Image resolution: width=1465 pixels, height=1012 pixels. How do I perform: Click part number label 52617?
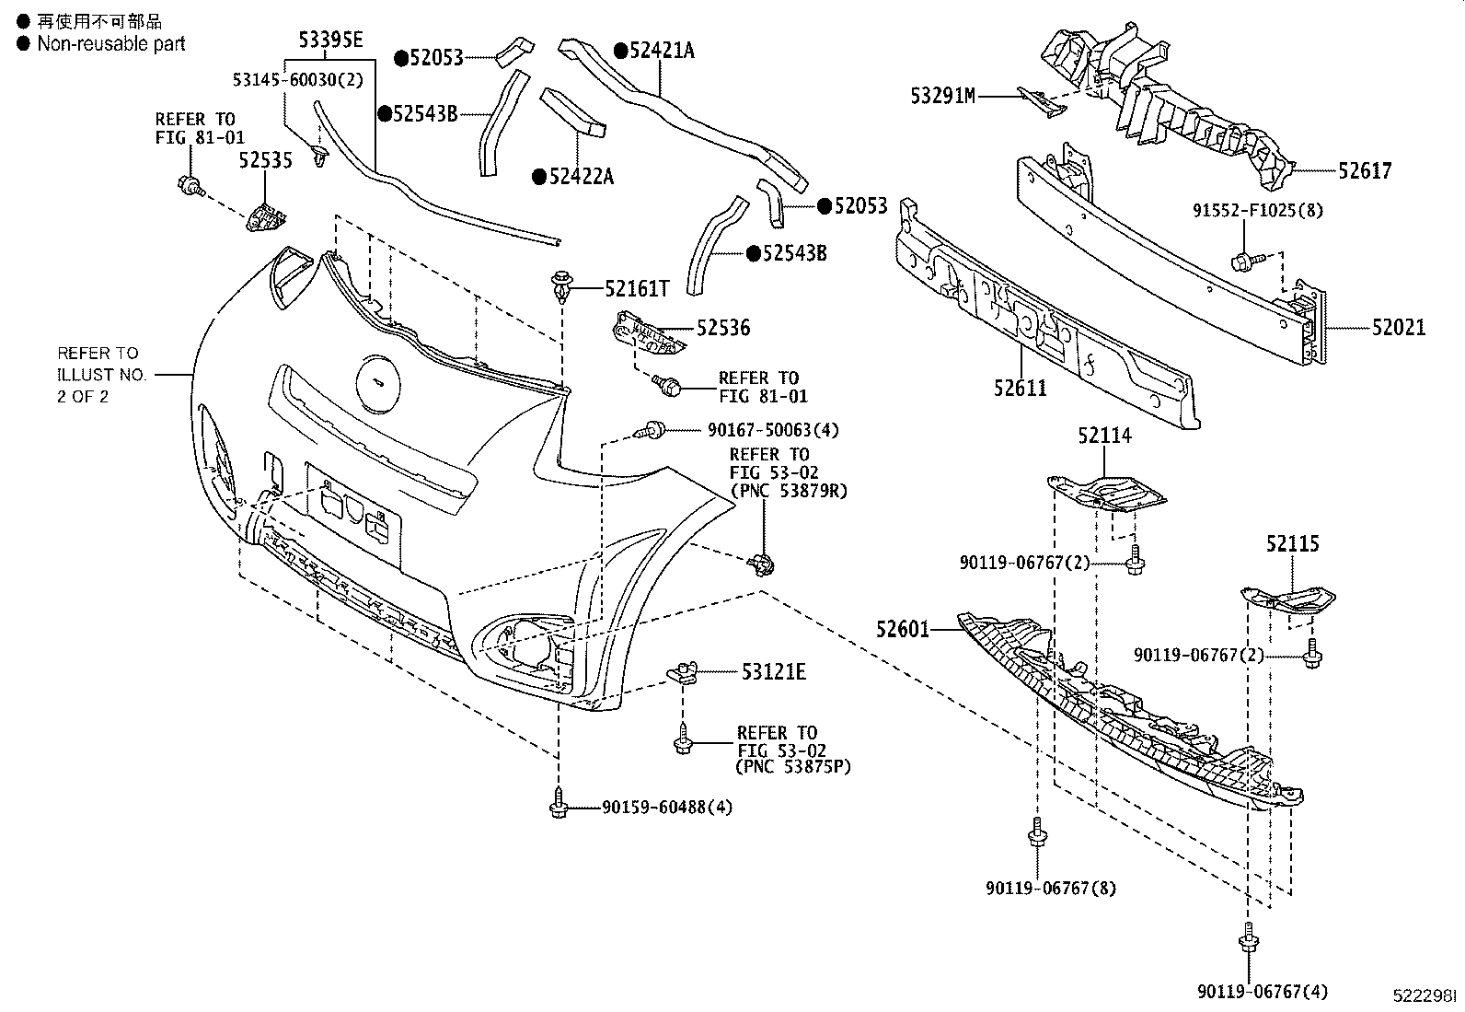click(1365, 170)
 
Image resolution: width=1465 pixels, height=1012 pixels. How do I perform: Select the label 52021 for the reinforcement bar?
click(1398, 327)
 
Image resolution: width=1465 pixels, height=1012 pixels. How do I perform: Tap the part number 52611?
click(1020, 388)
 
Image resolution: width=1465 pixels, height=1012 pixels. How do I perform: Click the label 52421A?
click(661, 51)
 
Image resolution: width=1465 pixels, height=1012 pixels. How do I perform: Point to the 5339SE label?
click(330, 39)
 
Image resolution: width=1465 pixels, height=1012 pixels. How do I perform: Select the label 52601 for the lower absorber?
click(903, 629)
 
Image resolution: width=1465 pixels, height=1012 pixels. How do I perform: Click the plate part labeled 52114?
click(1109, 493)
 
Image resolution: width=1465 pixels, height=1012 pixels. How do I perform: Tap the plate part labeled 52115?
click(1288, 600)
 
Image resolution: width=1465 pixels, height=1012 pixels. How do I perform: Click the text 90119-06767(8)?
click(1049, 888)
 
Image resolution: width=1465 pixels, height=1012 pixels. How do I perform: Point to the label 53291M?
click(942, 95)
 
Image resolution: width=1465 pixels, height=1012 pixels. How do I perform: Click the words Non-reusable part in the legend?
click(111, 43)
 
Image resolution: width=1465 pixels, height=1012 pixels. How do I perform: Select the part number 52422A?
click(580, 176)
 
